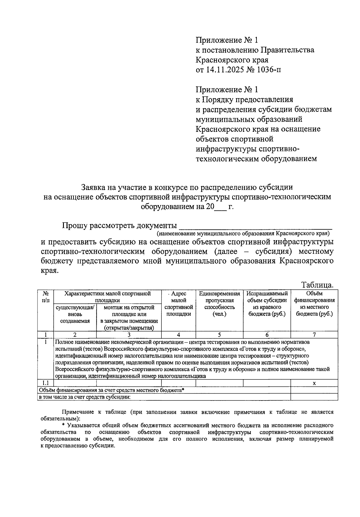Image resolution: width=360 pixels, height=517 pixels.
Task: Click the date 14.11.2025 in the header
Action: coord(224,70)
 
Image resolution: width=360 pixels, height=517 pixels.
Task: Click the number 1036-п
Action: coord(269,70)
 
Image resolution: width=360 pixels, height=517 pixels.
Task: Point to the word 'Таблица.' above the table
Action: coord(317,285)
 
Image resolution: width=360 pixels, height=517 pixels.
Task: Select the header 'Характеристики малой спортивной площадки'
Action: coord(107,297)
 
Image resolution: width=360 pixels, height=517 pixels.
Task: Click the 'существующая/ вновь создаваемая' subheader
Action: coord(75,314)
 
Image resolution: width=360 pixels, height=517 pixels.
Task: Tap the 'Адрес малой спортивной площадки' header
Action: coord(178,304)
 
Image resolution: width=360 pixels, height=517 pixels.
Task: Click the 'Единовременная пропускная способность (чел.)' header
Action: coord(219,304)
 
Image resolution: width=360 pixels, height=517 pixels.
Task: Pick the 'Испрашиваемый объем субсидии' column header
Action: coord(267,304)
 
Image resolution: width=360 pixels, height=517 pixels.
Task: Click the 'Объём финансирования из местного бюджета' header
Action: coord(314,304)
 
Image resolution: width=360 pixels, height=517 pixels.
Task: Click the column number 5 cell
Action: coord(219,335)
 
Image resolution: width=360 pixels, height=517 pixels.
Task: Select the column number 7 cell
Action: coord(314,335)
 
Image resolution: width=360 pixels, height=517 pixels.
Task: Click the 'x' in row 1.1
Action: coord(314,383)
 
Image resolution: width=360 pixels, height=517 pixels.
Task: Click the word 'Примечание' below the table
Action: coord(77,412)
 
